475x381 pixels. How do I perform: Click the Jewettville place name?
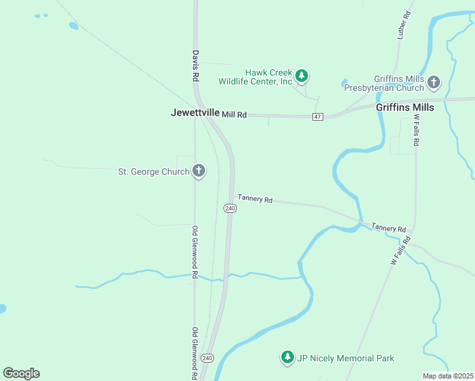(x=195, y=112)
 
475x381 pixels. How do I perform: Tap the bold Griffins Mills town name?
(x=405, y=107)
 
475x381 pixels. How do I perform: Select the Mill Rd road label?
(x=234, y=114)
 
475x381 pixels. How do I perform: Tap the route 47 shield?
(x=318, y=117)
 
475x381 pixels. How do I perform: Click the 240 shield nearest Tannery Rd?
(x=230, y=208)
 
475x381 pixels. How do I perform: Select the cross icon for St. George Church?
(x=199, y=171)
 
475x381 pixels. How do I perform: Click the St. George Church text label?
(x=154, y=171)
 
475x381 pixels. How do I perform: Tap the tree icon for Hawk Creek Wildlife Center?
(x=302, y=77)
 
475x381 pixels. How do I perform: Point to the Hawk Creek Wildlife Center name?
(x=255, y=77)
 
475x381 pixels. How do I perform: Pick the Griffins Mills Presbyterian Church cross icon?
(x=434, y=82)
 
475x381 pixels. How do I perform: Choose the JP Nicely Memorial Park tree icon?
(x=288, y=358)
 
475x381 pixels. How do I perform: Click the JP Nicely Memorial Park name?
(x=346, y=359)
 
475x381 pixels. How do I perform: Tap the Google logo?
(x=21, y=373)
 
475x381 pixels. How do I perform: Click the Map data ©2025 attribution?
(x=448, y=376)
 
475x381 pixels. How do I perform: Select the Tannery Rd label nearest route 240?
(x=255, y=199)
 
